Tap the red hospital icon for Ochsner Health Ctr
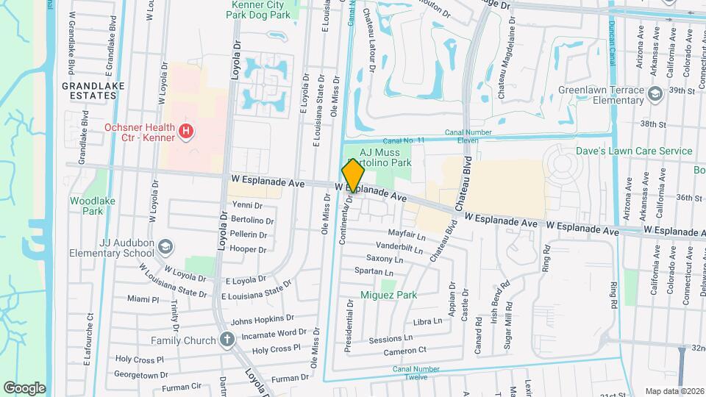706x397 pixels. [x=187, y=132]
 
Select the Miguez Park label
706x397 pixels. [x=388, y=295]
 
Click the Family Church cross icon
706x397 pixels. [x=227, y=340]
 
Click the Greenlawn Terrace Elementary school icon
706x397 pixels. [x=655, y=96]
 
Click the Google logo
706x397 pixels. [x=24, y=387]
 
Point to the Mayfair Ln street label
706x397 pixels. [x=410, y=237]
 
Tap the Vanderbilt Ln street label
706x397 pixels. [x=399, y=247]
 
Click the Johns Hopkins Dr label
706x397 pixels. [x=263, y=321]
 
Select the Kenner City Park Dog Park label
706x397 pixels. [x=260, y=10]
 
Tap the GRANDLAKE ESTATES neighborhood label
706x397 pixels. [x=93, y=91]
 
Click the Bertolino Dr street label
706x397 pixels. [x=252, y=220]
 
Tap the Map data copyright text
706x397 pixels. [x=674, y=390]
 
